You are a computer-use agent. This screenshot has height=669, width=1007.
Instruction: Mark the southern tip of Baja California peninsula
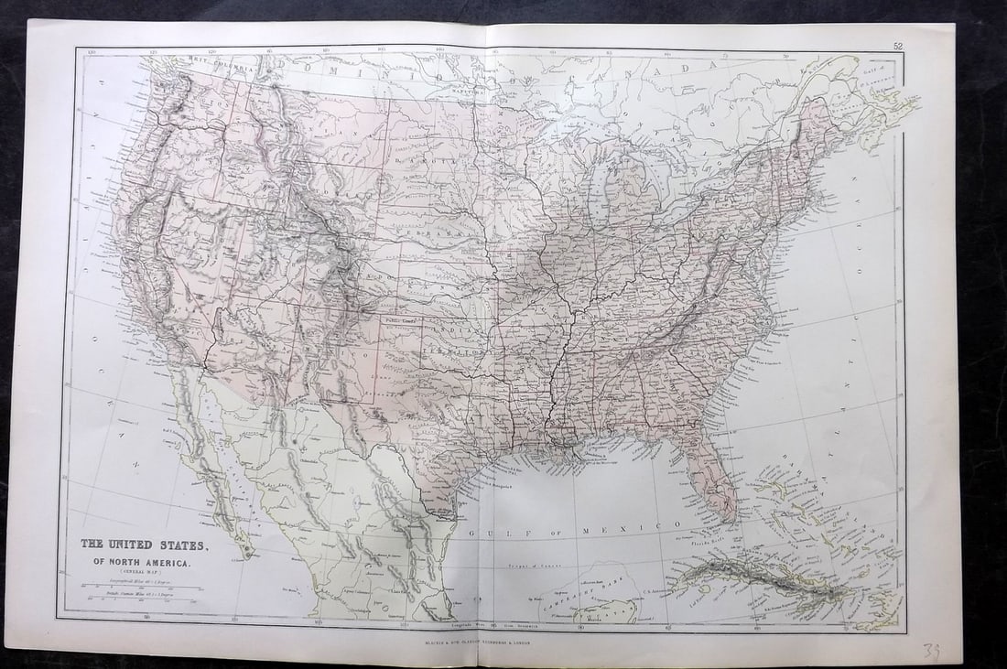pos(245,552)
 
